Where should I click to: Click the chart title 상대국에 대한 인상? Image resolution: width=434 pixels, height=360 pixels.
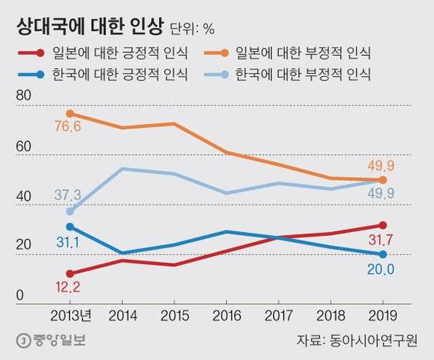click(89, 27)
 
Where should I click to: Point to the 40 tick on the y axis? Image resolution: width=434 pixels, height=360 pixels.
click(25, 198)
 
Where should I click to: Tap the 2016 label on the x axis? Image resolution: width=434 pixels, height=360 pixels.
click(225, 315)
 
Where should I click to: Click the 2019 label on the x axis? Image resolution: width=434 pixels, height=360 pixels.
click(382, 315)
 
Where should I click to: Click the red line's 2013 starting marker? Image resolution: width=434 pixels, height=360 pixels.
click(71, 273)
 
